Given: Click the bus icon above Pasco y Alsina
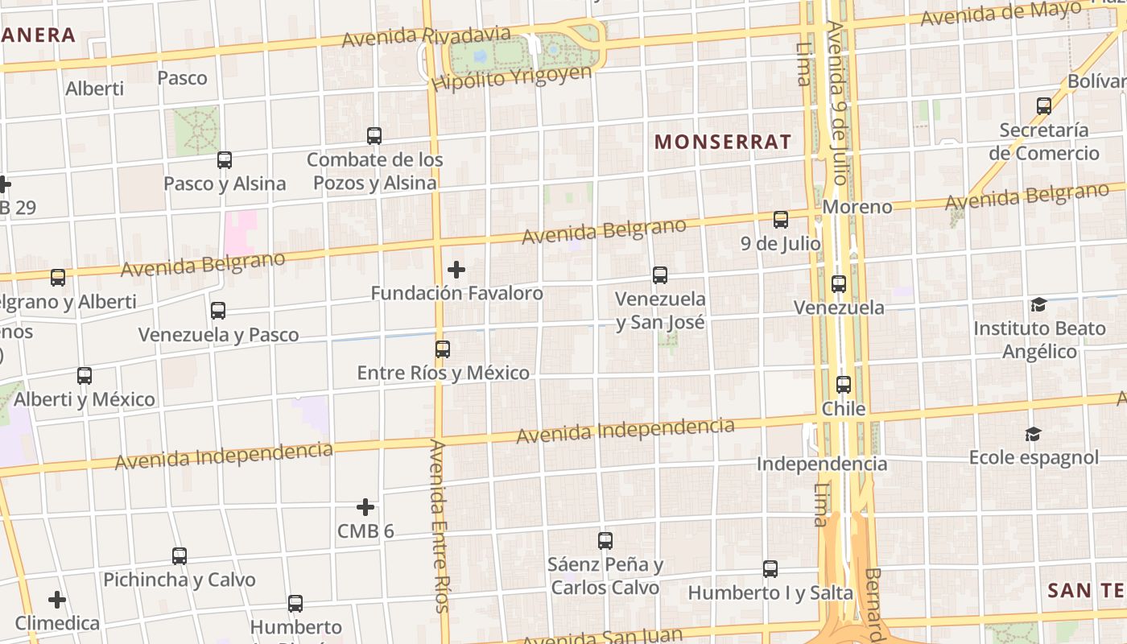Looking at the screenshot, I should click(225, 160).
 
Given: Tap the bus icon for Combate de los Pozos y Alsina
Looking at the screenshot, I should click(374, 136).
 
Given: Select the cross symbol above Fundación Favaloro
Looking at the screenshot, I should click(456, 270).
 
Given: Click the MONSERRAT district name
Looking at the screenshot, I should click(723, 142).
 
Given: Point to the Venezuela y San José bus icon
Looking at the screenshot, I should click(660, 275).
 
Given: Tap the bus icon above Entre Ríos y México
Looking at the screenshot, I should click(443, 349).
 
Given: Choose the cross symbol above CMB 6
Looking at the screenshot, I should click(365, 507).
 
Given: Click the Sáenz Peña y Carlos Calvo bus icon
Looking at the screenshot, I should click(605, 541).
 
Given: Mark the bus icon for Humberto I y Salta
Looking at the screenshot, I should click(770, 569).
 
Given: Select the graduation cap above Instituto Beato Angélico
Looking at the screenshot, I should click(1038, 305).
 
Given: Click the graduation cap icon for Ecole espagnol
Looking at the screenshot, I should click(1033, 435).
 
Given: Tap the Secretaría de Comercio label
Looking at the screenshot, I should click(1044, 142).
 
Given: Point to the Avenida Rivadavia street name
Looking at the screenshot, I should click(426, 36).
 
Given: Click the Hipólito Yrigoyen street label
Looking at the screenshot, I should click(511, 78).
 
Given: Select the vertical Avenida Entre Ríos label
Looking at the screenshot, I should click(439, 526).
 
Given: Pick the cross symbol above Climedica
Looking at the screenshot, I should click(57, 600).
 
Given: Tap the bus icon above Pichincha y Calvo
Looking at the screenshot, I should click(180, 556).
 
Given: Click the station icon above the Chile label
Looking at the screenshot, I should click(844, 385).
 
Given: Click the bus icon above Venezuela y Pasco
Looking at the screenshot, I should click(218, 311).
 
